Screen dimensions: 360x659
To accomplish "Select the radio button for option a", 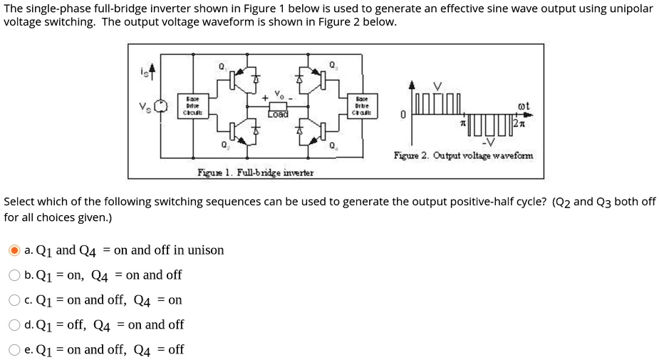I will [14, 250].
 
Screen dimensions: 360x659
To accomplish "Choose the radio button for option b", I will [14, 275].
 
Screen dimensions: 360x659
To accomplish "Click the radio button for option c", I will [14, 300].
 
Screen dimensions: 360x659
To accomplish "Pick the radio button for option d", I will [14, 325].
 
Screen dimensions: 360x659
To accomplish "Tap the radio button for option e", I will [14, 350].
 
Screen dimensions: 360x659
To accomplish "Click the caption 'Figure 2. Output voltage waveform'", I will [462, 155].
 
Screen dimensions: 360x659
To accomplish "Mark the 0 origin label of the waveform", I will [403, 114].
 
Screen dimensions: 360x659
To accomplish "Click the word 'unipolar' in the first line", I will [631, 9].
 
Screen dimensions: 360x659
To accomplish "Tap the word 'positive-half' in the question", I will [459, 202].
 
